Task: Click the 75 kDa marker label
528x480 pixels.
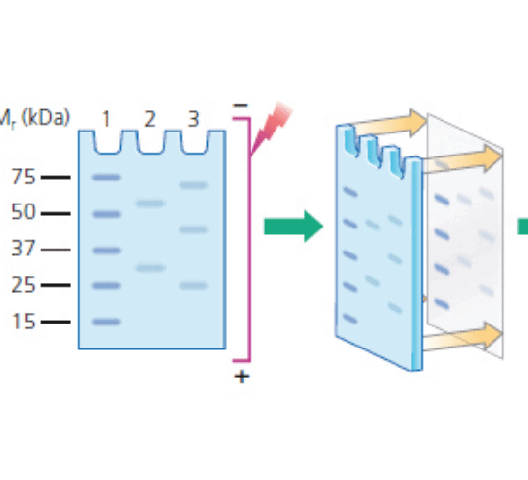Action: pyautogui.click(x=23, y=177)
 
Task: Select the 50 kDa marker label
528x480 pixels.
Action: pyautogui.click(x=23, y=212)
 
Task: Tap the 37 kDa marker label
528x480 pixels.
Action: pyautogui.click(x=23, y=249)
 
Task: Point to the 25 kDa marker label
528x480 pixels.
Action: pyautogui.click(x=23, y=285)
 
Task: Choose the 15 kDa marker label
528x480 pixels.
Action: pyautogui.click(x=23, y=322)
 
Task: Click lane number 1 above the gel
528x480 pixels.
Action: pyautogui.click(x=106, y=119)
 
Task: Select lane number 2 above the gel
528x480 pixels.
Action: pyautogui.click(x=150, y=119)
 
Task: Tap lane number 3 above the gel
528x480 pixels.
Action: pyautogui.click(x=193, y=119)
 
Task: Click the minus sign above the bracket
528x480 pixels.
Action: pyautogui.click(x=240, y=106)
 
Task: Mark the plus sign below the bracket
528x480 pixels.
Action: pyautogui.click(x=242, y=376)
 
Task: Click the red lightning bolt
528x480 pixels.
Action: pyautogui.click(x=271, y=129)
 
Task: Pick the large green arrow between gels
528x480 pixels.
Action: pyautogui.click(x=294, y=227)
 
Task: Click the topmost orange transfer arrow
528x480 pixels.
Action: pyautogui.click(x=388, y=124)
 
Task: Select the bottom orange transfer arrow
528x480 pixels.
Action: pyautogui.click(x=462, y=338)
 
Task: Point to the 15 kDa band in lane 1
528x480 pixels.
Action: pyautogui.click(x=107, y=322)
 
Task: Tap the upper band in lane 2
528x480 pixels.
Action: pyautogui.click(x=150, y=204)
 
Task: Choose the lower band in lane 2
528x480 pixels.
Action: pyautogui.click(x=150, y=268)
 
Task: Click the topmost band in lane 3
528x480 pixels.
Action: pyautogui.click(x=194, y=185)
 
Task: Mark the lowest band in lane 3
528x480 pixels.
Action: pyautogui.click(x=194, y=286)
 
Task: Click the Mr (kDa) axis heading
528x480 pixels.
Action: pyautogui.click(x=35, y=119)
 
